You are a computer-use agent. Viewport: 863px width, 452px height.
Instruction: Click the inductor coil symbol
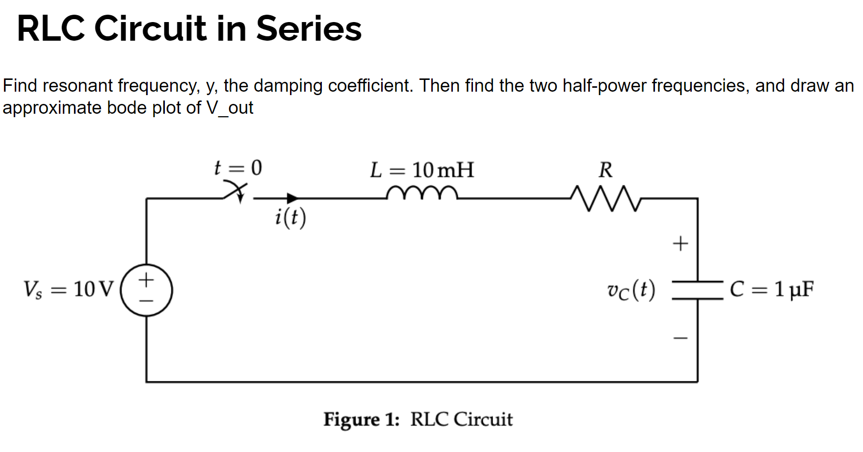point(422,193)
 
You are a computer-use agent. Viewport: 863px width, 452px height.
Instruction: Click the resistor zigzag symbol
point(606,198)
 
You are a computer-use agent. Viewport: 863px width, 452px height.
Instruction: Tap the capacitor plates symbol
point(697,290)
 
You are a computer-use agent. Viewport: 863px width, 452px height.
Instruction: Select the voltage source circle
point(146,290)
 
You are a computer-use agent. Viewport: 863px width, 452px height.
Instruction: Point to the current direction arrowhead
point(292,198)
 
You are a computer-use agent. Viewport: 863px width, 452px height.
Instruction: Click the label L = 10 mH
point(422,170)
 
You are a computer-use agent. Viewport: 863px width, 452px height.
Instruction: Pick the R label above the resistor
point(605,170)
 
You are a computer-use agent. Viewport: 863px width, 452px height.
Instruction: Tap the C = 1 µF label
point(771,289)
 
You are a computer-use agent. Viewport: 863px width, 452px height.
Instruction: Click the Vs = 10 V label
point(69,289)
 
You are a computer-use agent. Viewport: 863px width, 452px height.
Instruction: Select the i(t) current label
point(290,217)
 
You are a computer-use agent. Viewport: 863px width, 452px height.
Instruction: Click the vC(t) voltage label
point(630,290)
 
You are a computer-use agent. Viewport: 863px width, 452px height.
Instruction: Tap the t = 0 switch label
point(238,168)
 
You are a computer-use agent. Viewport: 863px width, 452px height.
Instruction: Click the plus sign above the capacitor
point(680,243)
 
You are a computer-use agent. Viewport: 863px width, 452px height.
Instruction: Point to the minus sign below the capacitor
point(680,338)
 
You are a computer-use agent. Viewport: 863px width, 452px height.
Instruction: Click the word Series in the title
point(309,28)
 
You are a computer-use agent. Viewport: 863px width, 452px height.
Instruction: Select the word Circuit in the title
point(150,28)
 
